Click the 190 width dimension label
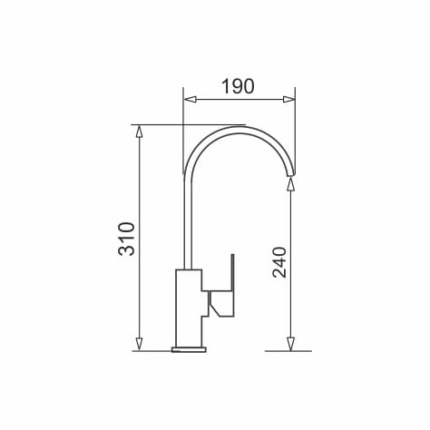coord(238,86)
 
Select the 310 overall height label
coord(126,239)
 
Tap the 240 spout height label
coord(279,262)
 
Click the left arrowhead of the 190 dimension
coord(190,100)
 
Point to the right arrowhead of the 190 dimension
coord(289,100)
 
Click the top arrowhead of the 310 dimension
coord(139,131)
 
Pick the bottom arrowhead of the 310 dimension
coord(139,344)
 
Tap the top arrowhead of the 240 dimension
coord(290,184)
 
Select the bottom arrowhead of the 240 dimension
coord(290,345)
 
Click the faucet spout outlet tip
coord(290,175)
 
